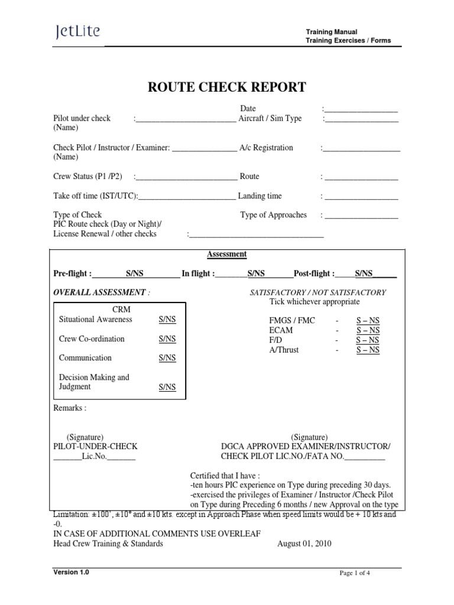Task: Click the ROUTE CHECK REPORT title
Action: pyautogui.click(x=227, y=87)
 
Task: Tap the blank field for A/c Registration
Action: pyautogui.click(x=361, y=148)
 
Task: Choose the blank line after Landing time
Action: pyautogui.click(x=361, y=197)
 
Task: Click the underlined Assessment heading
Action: pyautogui.click(x=226, y=255)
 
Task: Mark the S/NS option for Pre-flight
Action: pyautogui.click(x=135, y=274)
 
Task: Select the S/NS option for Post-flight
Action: pyautogui.click(x=364, y=274)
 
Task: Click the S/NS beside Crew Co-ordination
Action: pyautogui.click(x=167, y=339)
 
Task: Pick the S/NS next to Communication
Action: pyautogui.click(x=167, y=359)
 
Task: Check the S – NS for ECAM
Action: pyautogui.click(x=368, y=330)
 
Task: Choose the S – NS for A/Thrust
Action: pyautogui.click(x=368, y=350)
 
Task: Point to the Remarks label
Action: pyautogui.click(x=70, y=408)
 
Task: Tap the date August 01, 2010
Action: pyautogui.click(x=304, y=544)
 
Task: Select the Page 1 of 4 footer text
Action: pyautogui.click(x=355, y=573)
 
